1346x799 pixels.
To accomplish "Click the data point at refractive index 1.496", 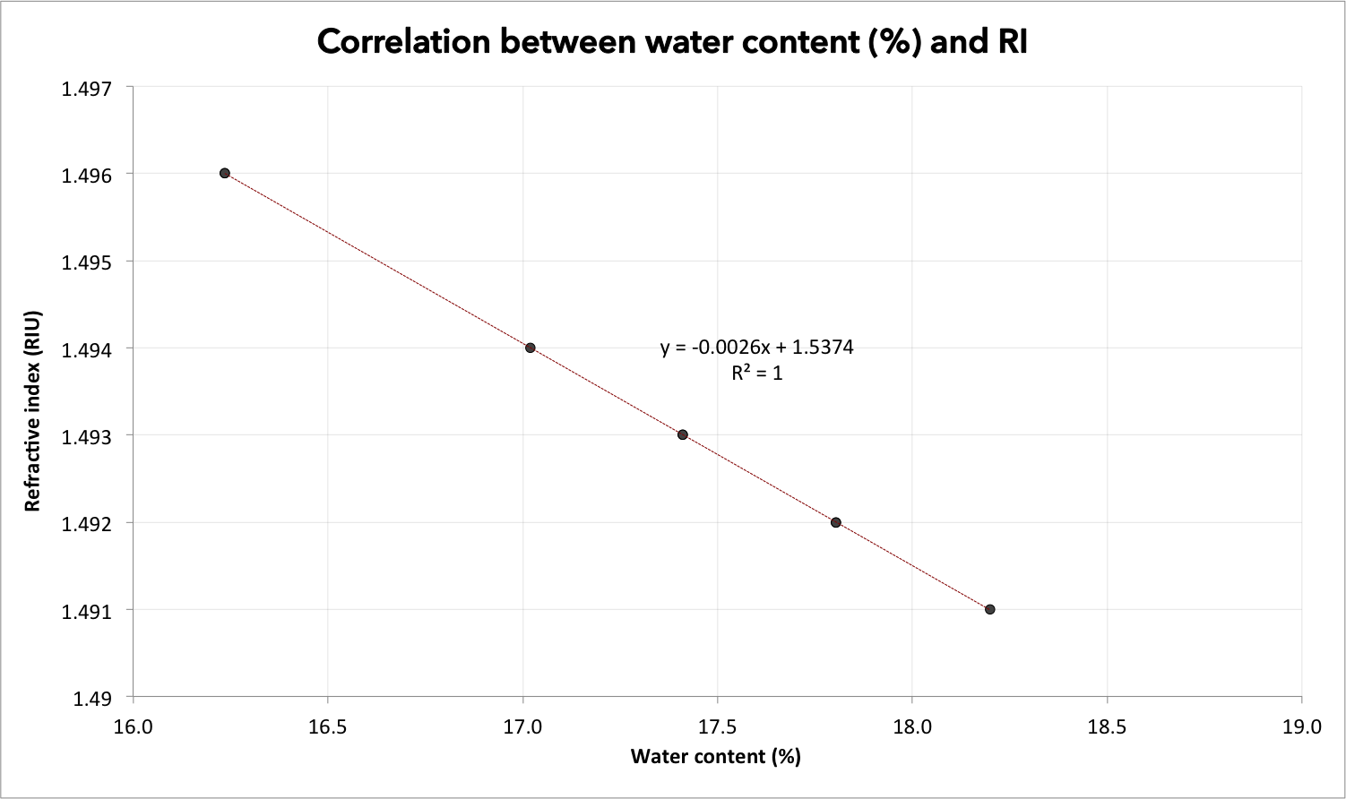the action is coord(225,173).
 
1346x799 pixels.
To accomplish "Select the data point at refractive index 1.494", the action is coord(530,348).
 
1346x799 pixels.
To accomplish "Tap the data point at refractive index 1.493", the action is coord(683,434).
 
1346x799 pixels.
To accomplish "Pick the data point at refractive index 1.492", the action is coord(836,522).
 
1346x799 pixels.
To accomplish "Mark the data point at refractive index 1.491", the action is coord(990,609).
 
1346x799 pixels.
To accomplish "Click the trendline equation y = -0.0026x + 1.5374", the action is coord(756,348).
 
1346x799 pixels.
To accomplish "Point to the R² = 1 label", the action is coord(757,373).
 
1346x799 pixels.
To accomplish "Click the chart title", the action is coord(672,42).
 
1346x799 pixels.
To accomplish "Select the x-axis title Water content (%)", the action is coord(716,756).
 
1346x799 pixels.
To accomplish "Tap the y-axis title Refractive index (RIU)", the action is coord(32,411).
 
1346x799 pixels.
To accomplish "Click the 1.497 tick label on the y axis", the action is coord(87,89).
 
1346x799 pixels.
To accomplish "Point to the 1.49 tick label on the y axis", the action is coord(92,699).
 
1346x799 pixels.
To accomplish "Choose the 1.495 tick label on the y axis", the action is coord(87,262).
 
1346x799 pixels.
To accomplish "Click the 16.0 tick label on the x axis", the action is coord(133,727).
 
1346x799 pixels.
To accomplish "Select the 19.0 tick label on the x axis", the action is coord(1302,727).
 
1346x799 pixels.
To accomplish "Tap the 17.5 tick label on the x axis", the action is coord(718,727).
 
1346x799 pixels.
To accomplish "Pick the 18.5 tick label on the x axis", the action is coord(1108,727).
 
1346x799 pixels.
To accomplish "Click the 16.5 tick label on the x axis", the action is coord(327,727).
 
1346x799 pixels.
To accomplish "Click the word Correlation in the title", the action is coord(404,42).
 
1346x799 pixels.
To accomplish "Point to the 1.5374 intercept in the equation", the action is coord(823,348).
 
